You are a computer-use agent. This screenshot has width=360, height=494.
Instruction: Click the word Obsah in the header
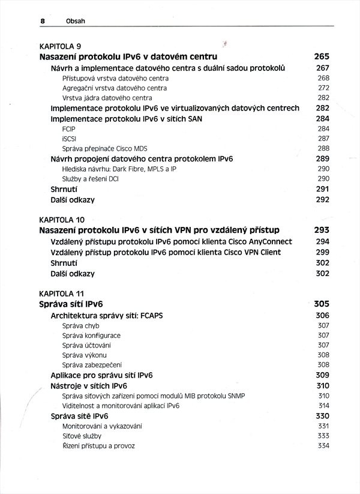(x=76, y=20)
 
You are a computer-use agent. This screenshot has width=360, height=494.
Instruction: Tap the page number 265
(x=322, y=57)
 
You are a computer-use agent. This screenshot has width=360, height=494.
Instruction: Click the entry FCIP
(x=68, y=129)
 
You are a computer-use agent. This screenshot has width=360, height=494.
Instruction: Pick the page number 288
(x=323, y=148)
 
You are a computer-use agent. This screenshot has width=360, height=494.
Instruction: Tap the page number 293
(x=322, y=230)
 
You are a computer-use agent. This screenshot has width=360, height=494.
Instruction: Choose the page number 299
(x=323, y=252)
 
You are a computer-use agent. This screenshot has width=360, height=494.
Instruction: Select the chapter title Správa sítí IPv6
(x=75, y=304)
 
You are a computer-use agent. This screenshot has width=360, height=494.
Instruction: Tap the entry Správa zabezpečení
(x=92, y=364)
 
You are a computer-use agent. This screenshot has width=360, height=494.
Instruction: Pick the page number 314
(x=323, y=405)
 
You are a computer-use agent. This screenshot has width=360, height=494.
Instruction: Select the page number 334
(x=323, y=446)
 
